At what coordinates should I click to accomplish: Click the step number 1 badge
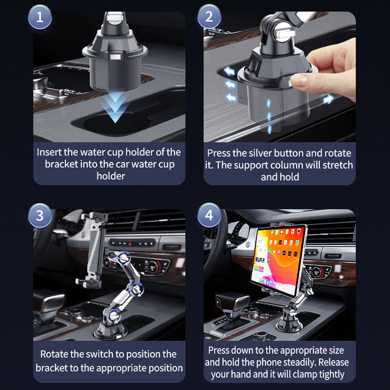[x=40, y=17]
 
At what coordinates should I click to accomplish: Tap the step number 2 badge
[x=209, y=17]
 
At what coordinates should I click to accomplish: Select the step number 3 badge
[x=40, y=215]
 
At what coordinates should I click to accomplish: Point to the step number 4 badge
[x=209, y=215]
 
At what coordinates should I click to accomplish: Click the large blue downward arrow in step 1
[x=115, y=107]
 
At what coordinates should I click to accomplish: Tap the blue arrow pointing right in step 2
[x=328, y=99]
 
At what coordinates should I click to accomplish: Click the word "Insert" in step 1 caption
[x=49, y=152]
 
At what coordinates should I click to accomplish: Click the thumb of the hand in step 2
[x=300, y=80]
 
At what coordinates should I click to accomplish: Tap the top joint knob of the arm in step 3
[x=124, y=258]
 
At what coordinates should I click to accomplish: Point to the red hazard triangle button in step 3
[x=130, y=244]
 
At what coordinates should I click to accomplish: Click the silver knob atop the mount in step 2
[x=285, y=33]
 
